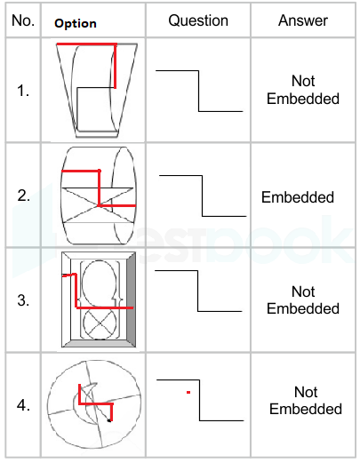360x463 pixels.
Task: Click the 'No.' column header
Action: [23, 20]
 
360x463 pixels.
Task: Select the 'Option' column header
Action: [76, 23]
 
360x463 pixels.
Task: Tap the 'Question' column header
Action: [198, 20]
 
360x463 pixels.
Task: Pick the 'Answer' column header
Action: [303, 20]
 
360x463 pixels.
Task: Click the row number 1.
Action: [23, 91]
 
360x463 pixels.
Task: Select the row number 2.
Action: [23, 196]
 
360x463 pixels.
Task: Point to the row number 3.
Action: [23, 300]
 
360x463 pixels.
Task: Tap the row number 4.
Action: [23, 405]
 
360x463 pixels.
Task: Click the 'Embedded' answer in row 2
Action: [298, 197]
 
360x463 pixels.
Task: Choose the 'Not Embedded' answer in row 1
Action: [303, 90]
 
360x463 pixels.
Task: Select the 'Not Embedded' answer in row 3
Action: [303, 300]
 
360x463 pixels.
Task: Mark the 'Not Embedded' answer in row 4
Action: [306, 401]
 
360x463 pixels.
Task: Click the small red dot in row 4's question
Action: [188, 393]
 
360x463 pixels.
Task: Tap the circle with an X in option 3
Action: [100, 324]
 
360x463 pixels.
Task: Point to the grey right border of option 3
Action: [132, 299]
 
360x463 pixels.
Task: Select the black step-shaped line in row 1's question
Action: [198, 91]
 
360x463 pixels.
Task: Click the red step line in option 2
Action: [99, 188]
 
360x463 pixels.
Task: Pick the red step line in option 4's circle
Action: [95, 403]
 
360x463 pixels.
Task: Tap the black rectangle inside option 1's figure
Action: [77, 109]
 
